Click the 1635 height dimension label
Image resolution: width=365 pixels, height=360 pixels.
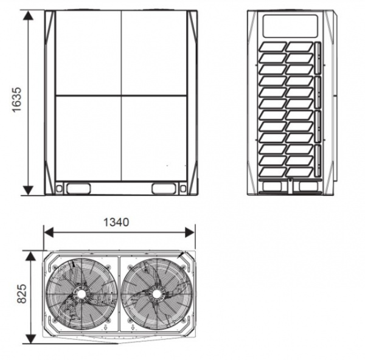tap(17, 102)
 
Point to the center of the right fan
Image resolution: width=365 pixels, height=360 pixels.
tap(157, 294)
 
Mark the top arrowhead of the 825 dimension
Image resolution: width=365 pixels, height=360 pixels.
tap(30, 255)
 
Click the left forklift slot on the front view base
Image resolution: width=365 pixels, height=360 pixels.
tap(78, 189)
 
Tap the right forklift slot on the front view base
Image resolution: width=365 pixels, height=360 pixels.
tap(164, 189)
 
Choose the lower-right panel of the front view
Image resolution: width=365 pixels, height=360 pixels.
tap(154, 137)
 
